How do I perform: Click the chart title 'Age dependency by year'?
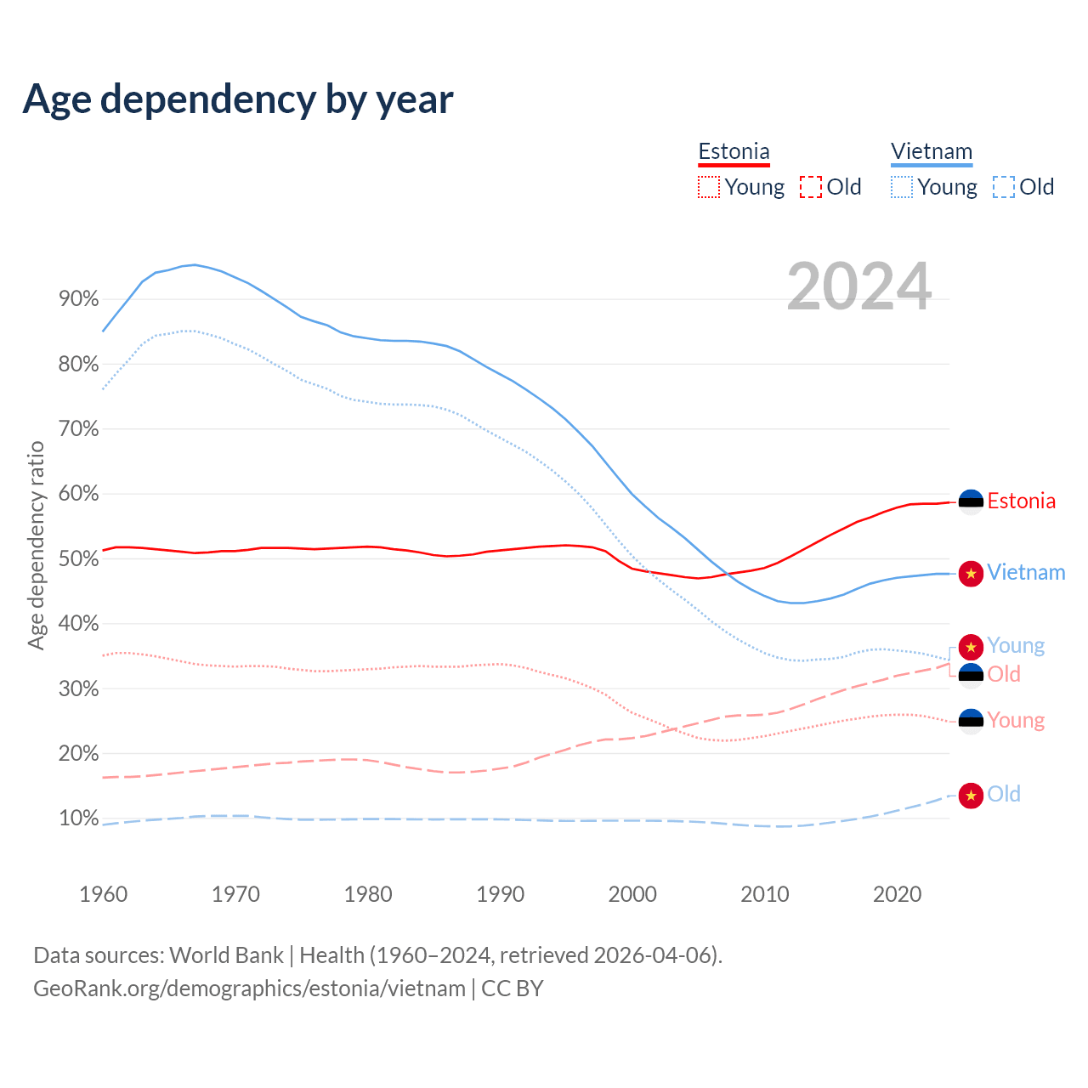click(x=238, y=99)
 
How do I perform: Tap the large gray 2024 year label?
click(x=859, y=286)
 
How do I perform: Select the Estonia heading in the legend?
click(x=734, y=152)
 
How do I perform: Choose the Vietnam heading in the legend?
click(x=932, y=152)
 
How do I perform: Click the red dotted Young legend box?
click(x=708, y=187)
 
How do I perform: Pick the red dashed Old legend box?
click(x=811, y=187)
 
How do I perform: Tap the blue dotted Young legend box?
click(x=901, y=187)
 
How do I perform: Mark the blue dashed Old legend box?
click(x=1004, y=187)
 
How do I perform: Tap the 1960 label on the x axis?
click(x=103, y=894)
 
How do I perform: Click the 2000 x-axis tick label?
click(x=632, y=894)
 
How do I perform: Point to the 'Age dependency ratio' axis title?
click(x=36, y=545)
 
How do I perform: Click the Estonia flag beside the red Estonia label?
click(x=971, y=501)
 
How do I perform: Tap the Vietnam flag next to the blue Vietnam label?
click(x=971, y=574)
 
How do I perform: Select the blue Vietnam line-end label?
click(x=1026, y=573)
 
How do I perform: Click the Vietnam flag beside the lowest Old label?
click(x=971, y=796)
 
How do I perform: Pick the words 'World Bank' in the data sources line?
click(x=226, y=955)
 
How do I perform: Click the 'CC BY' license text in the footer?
click(x=513, y=989)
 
